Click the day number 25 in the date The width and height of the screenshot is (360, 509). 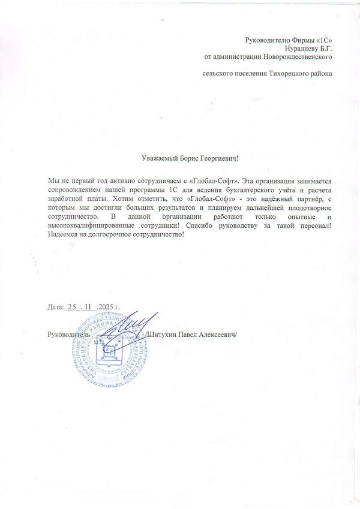(73, 307)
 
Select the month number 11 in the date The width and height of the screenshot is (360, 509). (90, 307)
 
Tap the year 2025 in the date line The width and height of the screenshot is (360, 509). (106, 307)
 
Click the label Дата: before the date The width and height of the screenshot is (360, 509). (55, 307)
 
